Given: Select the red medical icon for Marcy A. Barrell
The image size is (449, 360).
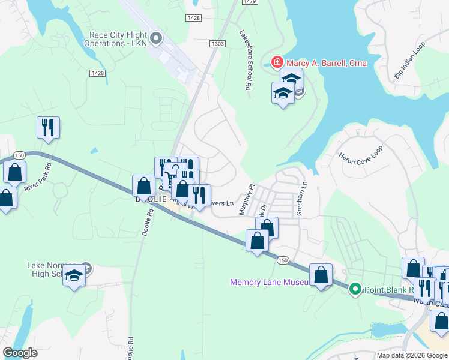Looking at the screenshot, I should [x=277, y=62].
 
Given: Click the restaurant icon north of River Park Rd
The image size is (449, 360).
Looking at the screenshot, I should [x=48, y=127].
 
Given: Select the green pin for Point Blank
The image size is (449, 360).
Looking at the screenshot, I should [x=355, y=289].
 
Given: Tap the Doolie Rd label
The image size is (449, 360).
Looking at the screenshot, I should [x=146, y=226].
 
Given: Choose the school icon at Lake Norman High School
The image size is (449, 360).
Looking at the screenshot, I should [x=74, y=275].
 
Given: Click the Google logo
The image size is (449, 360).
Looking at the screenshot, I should [x=20, y=353].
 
